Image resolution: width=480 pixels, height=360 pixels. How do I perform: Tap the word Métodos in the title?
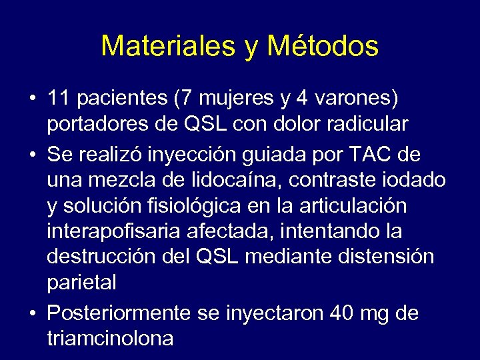322,46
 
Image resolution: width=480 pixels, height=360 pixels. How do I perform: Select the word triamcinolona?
111,337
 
